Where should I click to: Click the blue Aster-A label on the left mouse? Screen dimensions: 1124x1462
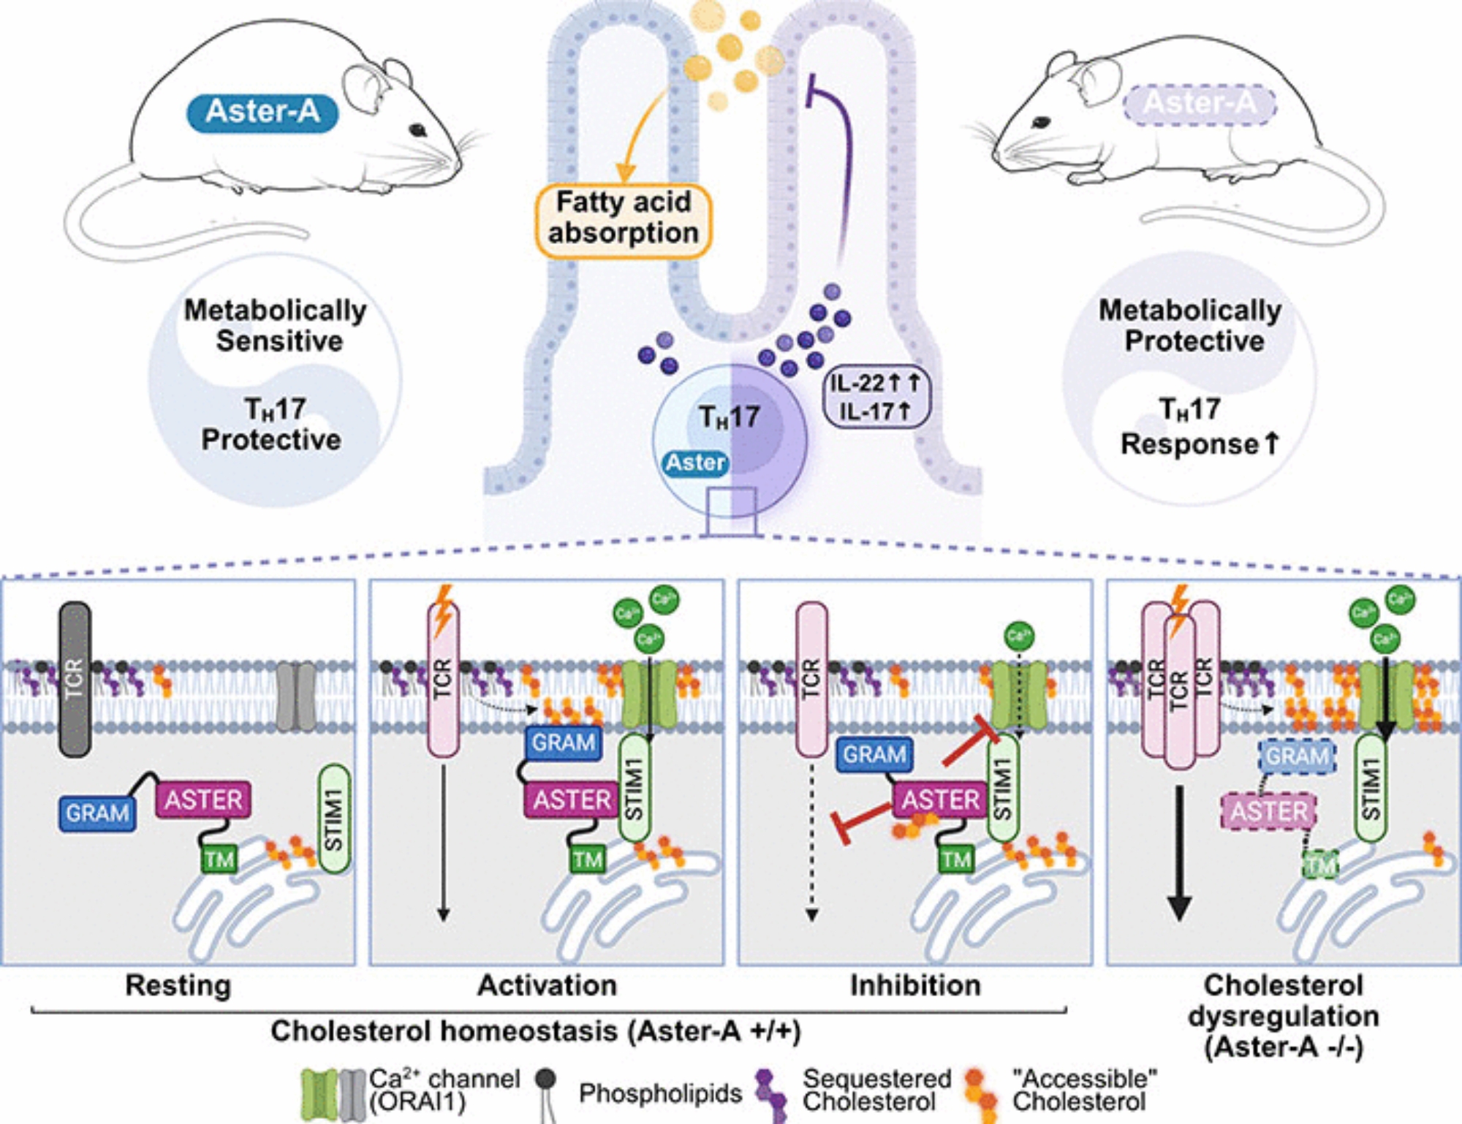[262, 113]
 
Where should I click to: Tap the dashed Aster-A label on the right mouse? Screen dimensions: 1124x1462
[1200, 104]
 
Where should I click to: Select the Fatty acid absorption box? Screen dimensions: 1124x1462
[624, 219]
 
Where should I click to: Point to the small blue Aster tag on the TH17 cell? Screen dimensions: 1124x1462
[694, 463]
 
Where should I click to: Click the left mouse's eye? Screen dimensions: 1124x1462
[418, 130]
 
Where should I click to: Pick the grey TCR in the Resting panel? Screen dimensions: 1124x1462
[75, 678]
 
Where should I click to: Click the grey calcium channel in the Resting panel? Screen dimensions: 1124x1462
[296, 696]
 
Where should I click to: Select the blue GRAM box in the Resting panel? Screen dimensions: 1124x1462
[97, 813]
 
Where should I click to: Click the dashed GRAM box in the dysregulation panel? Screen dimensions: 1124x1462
[1298, 756]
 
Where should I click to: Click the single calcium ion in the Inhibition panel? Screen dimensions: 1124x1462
[1019, 635]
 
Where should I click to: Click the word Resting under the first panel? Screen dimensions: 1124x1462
[178, 985]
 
